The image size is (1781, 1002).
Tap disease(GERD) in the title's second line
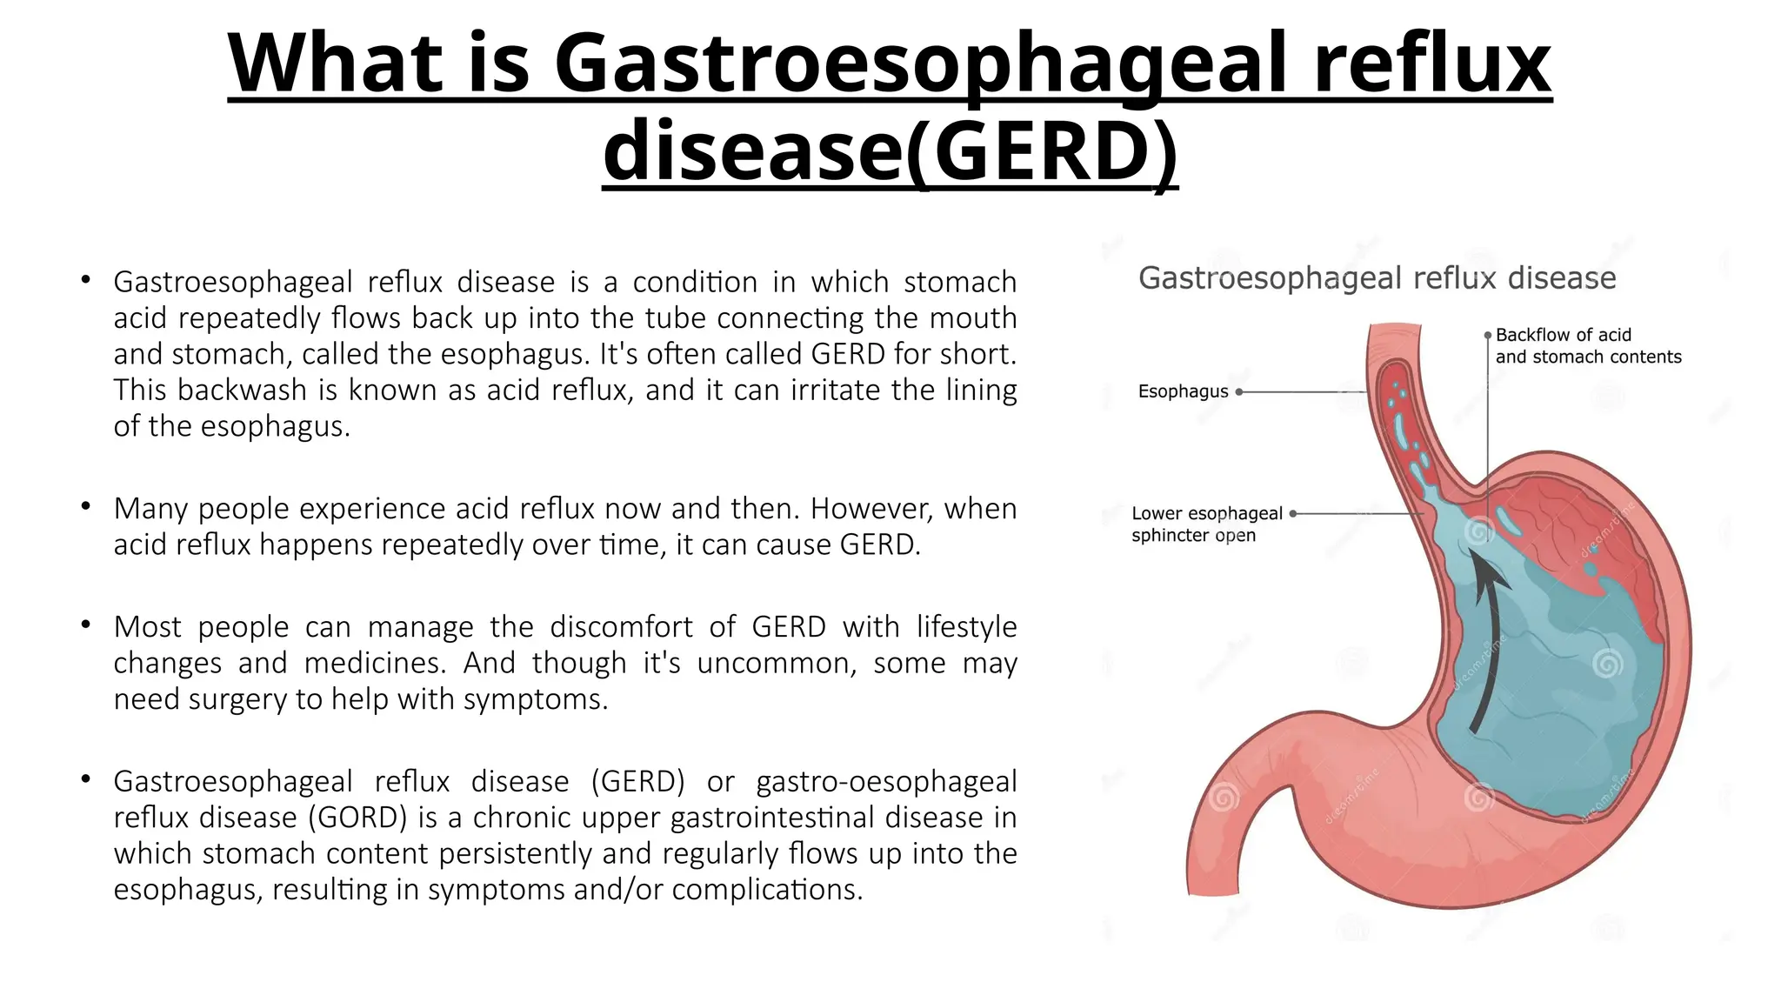(890, 151)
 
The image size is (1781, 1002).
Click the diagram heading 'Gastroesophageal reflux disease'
(1377, 278)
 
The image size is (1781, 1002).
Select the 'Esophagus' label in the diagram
(1183, 391)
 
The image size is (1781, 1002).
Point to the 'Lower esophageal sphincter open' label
(1206, 524)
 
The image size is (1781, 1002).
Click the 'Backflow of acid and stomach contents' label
(1587, 345)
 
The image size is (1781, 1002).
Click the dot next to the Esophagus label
(1239, 392)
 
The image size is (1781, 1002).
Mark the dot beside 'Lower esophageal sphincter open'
(1293, 514)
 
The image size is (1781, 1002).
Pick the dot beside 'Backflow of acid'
(1488, 335)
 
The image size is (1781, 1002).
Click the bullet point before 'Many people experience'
(85, 506)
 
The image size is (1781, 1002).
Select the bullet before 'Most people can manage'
(85, 625)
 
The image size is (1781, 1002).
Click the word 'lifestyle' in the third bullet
(966, 626)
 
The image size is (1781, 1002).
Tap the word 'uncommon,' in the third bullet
(777, 663)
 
